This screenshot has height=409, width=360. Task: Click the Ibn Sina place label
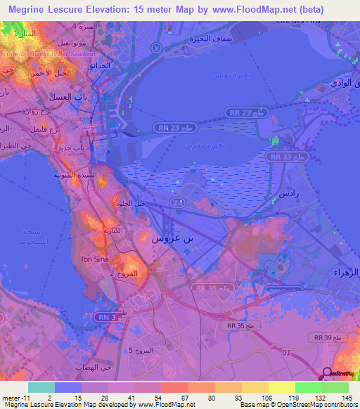96,259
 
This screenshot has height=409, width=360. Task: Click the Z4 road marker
176,202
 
